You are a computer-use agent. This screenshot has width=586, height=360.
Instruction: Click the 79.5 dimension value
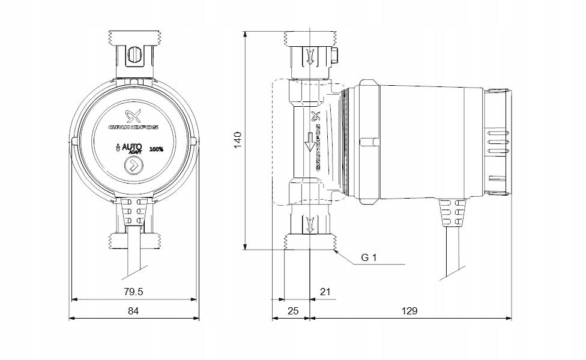(134, 292)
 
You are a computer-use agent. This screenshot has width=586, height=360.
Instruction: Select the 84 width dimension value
(133, 311)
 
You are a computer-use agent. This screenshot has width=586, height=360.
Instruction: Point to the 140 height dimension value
(237, 140)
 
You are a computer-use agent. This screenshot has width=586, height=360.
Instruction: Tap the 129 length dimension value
(409, 311)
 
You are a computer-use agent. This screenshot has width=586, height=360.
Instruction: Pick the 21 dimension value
(325, 292)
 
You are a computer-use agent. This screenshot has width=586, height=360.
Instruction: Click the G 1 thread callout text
(368, 258)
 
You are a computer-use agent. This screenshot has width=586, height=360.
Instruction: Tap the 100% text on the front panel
(157, 148)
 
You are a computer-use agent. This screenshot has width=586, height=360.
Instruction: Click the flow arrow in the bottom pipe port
(310, 225)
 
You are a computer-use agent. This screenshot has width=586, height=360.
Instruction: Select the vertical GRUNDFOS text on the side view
(318, 140)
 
